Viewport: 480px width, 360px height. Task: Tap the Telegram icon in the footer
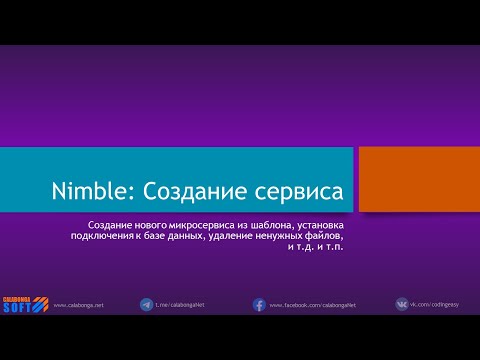click(147, 304)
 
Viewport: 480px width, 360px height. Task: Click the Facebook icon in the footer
click(258, 304)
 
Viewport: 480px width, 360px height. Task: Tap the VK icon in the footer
click(402, 304)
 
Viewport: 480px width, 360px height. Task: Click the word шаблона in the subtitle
click(264, 225)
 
